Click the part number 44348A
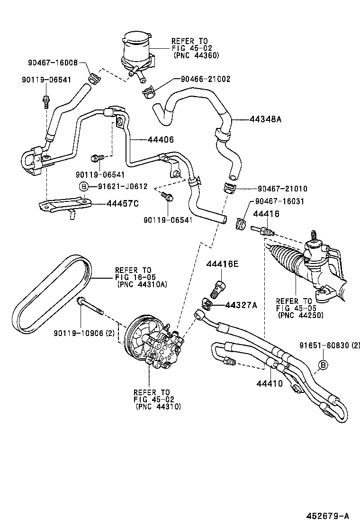click(x=265, y=119)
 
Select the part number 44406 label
click(x=161, y=140)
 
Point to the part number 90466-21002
click(x=205, y=80)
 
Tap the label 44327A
click(x=241, y=305)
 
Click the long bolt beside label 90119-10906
click(x=93, y=307)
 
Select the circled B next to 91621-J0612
click(x=83, y=187)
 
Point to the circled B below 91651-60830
click(x=323, y=364)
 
